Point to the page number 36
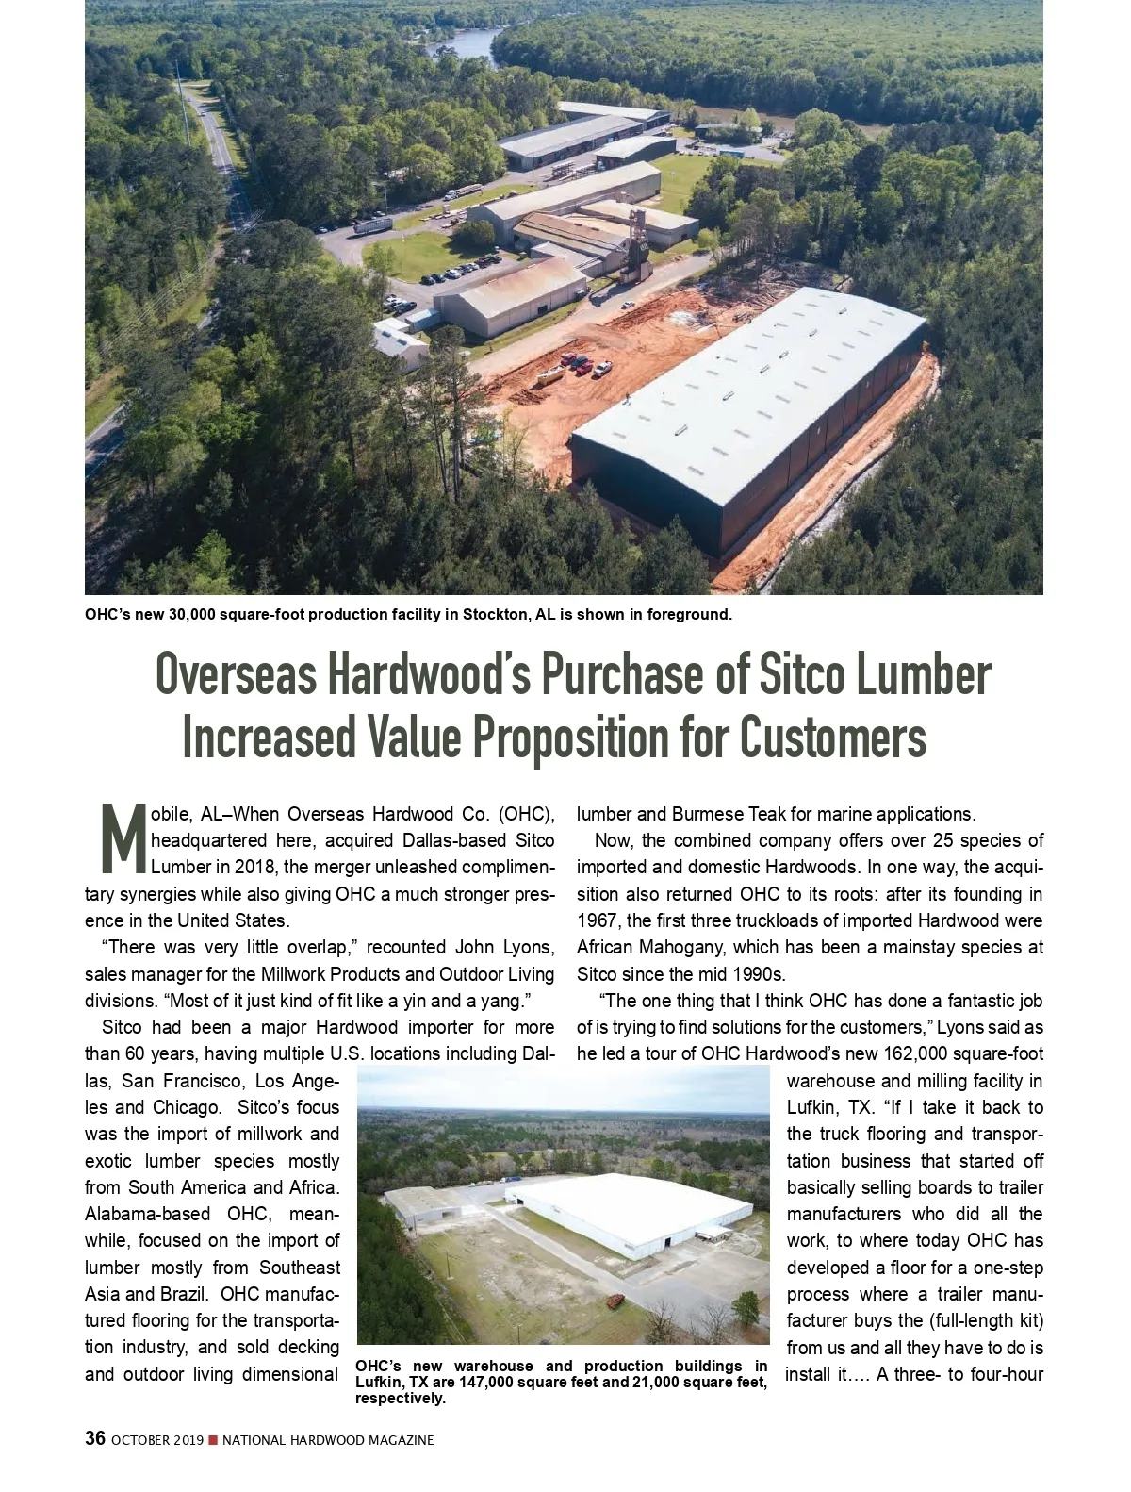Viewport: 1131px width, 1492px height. click(x=94, y=1439)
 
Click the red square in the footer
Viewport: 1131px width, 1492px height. click(x=213, y=1440)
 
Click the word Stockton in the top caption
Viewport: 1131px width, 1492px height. click(x=491, y=615)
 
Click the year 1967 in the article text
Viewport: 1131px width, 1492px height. click(x=597, y=920)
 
